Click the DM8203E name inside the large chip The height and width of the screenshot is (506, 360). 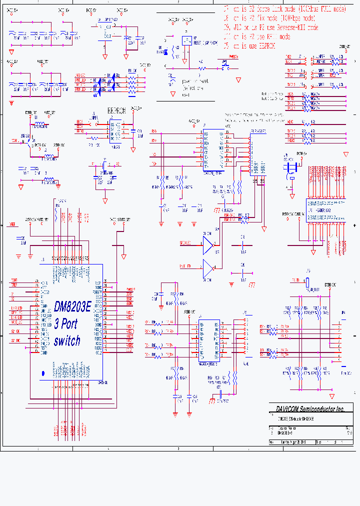[72, 306]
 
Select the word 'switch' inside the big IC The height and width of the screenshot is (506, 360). [67, 340]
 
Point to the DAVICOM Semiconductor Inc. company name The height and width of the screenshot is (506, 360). [310, 408]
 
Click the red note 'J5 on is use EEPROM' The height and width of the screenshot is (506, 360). [249, 45]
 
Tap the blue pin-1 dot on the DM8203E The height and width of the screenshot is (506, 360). [42, 373]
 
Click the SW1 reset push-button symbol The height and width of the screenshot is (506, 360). [224, 64]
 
